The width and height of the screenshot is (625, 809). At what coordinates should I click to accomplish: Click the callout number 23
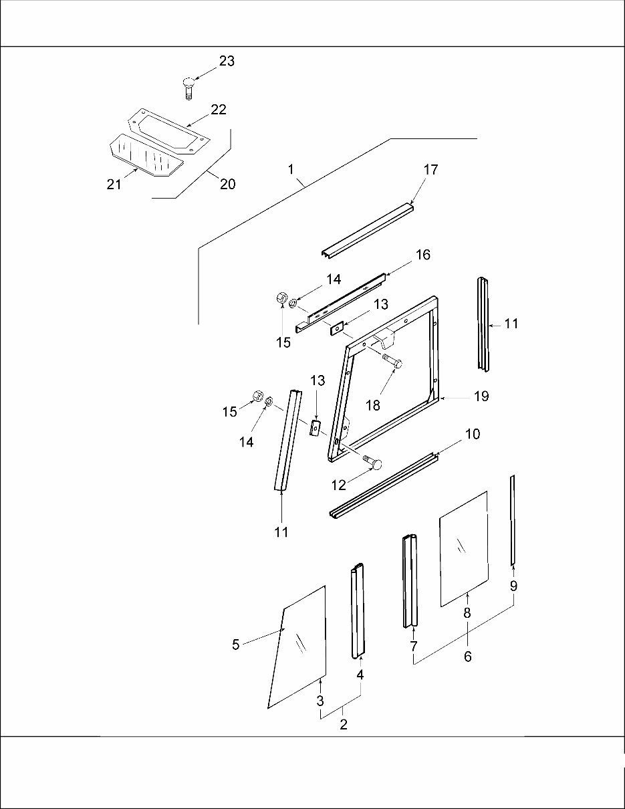coord(227,61)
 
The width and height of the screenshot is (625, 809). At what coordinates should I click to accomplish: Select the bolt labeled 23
coord(189,88)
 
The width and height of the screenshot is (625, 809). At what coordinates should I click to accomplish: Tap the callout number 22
coord(219,110)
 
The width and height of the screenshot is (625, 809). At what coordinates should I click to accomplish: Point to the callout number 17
coord(430,170)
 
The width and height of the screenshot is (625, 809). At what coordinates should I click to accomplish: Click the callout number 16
coord(422,255)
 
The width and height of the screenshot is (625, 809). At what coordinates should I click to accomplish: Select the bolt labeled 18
coord(392,364)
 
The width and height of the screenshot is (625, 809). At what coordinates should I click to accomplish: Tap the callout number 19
coord(481,396)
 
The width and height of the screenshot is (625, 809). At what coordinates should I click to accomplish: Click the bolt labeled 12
coord(373,463)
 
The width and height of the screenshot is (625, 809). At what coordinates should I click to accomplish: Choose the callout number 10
coord(472,435)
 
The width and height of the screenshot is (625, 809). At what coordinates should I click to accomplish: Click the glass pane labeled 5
coord(298,647)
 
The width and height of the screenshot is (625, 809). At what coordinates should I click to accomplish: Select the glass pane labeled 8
coord(463,548)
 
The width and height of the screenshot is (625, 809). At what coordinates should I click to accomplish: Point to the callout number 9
coord(513,586)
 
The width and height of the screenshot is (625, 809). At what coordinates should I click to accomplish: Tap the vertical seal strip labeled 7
coord(410,582)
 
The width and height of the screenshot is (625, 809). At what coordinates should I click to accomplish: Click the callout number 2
coord(343,725)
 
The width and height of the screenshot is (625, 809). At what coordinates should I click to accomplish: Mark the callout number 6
coord(467,657)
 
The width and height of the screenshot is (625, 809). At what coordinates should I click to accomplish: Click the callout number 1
coord(291,170)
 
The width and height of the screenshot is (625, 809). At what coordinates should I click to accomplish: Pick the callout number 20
coord(227,184)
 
